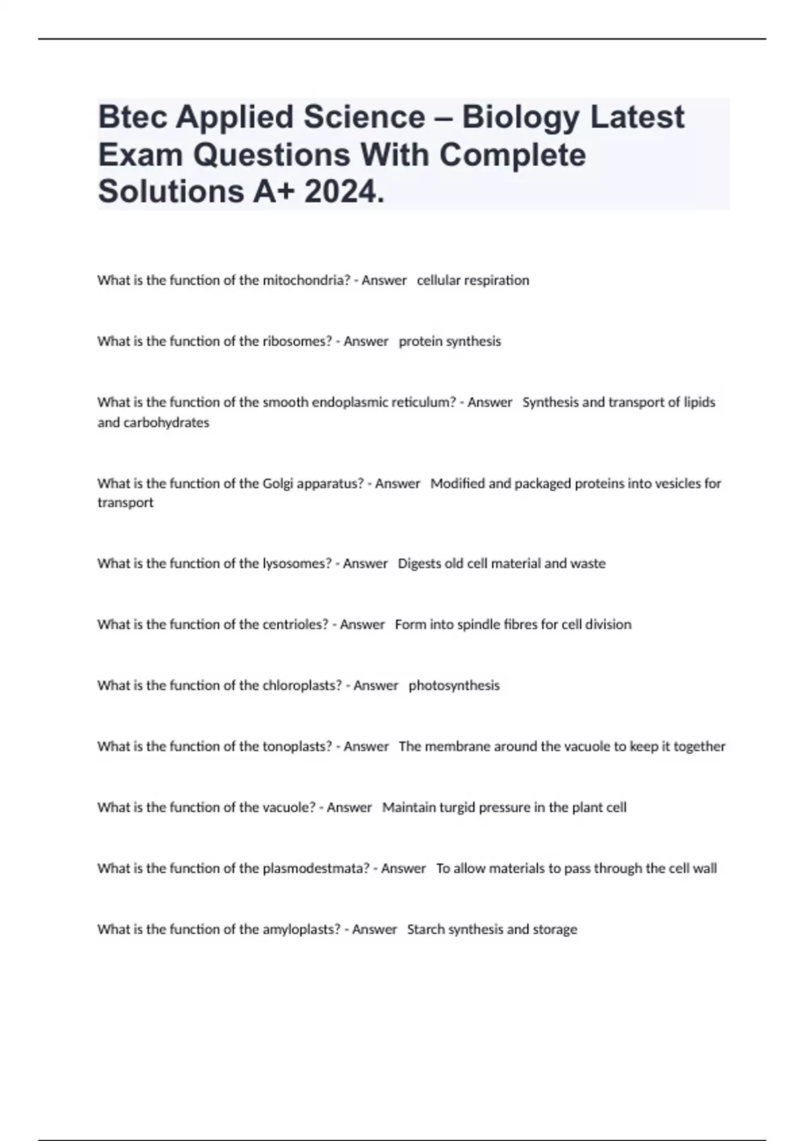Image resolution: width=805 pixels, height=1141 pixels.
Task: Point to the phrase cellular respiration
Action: pos(473,281)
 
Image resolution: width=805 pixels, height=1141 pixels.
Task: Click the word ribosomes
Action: pos(297,342)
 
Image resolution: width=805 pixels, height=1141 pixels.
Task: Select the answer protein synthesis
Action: pos(449,342)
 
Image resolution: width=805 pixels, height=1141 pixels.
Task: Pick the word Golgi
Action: pos(278,484)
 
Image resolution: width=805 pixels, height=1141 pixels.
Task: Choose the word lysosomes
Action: pos(297,564)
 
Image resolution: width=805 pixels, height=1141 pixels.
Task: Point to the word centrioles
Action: pos(295,625)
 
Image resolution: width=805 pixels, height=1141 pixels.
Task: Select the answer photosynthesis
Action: pos(454,686)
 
